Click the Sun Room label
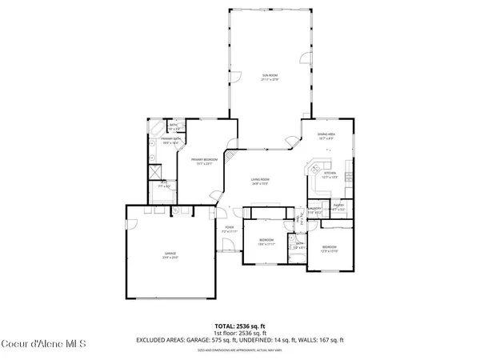pyautogui.click(x=269, y=78)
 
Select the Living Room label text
pyautogui.click(x=258, y=181)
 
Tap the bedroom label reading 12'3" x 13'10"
pyautogui.click(x=330, y=249)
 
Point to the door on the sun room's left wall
pyautogui.click(x=235, y=76)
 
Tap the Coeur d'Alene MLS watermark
pyautogui.click(x=39, y=345)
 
